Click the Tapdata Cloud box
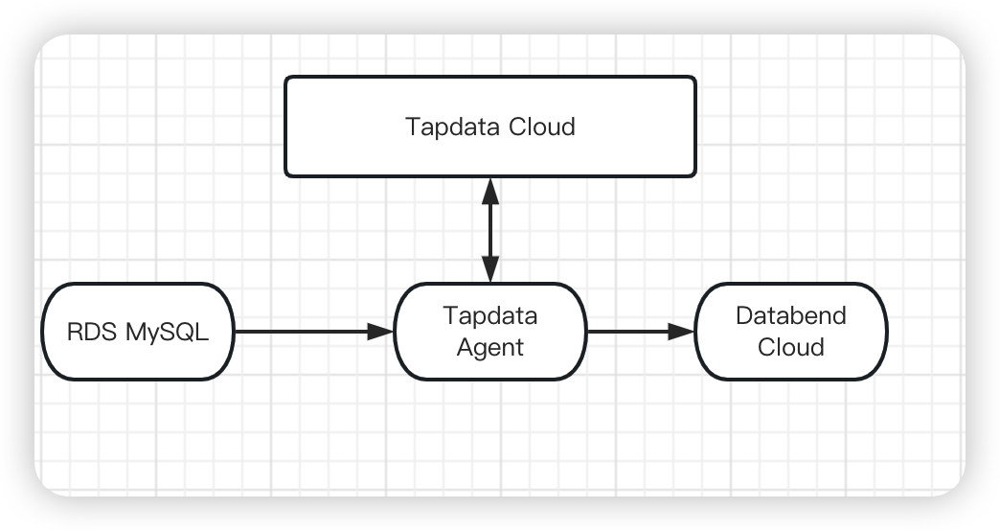490,127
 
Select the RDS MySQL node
137,332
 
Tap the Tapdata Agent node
489,331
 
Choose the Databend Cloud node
790,331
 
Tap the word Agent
489,347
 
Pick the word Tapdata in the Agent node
489,315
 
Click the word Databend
790,315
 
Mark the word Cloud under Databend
790,347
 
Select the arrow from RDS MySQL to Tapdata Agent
307,332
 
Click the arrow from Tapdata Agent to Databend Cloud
637,332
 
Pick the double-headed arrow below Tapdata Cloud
490,230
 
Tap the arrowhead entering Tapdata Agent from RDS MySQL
382,332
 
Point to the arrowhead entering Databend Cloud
683,332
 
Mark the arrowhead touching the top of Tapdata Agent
490,270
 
